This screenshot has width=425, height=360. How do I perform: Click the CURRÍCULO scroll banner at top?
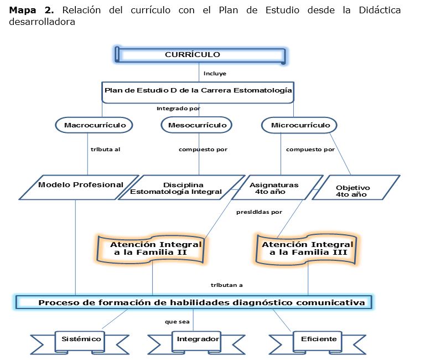point(200,55)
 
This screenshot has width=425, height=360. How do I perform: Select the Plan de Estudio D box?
point(198,91)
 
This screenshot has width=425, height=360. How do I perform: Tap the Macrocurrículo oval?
point(95,125)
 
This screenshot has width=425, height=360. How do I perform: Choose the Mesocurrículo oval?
point(197,125)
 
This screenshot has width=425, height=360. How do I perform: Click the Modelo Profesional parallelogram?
point(80,187)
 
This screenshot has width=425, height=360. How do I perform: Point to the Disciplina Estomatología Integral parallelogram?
point(183,188)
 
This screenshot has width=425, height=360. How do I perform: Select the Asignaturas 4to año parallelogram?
point(274,188)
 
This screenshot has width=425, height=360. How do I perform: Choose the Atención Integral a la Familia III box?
point(308,248)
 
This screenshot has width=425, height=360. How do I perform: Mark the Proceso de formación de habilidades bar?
point(194,302)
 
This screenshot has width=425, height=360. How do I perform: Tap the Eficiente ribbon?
point(319,338)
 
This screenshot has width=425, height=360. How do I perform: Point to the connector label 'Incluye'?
point(215,73)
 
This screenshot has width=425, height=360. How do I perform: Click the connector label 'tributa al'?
point(105,149)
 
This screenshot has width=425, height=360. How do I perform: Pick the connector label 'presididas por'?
point(259,212)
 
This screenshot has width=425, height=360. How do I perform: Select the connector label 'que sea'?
point(177,321)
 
